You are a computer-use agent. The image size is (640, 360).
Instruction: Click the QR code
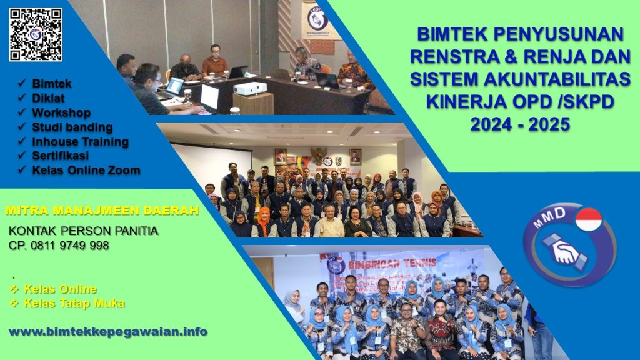(x=36, y=34)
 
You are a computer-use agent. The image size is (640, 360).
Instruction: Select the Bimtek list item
(x=52, y=83)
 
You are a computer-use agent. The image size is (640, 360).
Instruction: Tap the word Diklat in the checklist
(x=48, y=97)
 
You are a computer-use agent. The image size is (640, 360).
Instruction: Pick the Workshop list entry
(x=61, y=112)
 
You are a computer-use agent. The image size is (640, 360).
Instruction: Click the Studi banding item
(x=72, y=127)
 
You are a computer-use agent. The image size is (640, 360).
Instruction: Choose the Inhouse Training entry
(x=80, y=141)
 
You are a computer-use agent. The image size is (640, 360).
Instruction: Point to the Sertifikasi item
(x=60, y=155)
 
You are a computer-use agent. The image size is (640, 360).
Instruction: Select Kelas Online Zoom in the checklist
(x=86, y=169)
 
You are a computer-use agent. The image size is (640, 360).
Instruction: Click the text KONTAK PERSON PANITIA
(x=83, y=231)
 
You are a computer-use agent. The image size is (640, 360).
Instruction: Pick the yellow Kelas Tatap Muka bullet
(x=74, y=303)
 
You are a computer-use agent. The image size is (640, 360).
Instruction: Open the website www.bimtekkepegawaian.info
(x=107, y=331)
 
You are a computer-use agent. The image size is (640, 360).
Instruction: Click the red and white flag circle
(x=588, y=220)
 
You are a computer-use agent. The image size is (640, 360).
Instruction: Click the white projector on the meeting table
(x=250, y=88)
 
